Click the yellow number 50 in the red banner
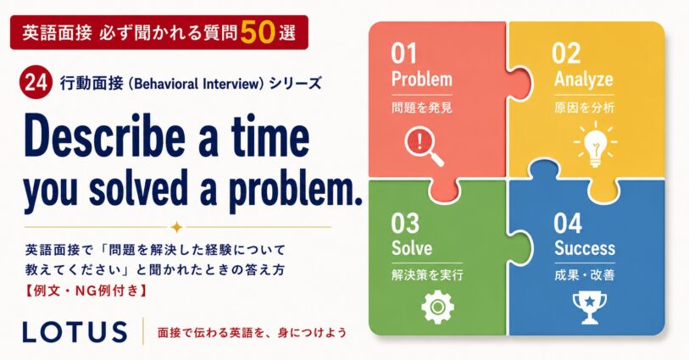(258, 32)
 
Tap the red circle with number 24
(36, 82)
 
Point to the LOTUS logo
(75, 331)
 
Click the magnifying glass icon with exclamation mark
(424, 147)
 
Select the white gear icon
(437, 307)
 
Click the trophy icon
(589, 308)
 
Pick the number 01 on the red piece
(403, 53)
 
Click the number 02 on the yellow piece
(566, 53)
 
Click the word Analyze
(584, 80)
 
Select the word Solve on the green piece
(412, 247)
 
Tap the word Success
(585, 248)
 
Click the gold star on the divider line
(177, 227)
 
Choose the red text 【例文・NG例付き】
(86, 291)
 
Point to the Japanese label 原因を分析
(584, 108)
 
